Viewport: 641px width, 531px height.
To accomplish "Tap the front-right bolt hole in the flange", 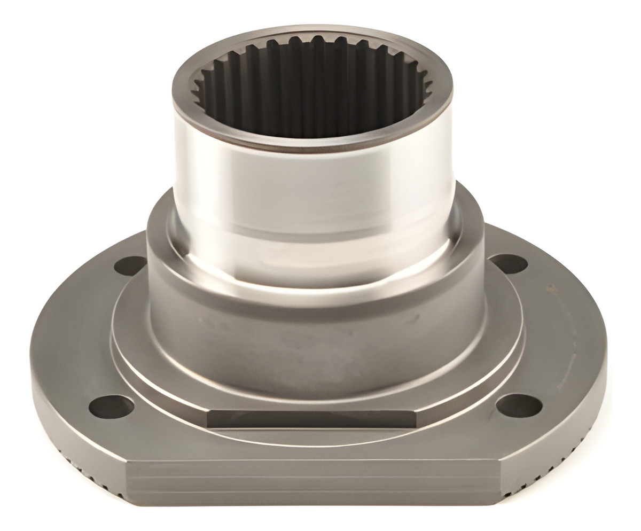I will click(519, 405).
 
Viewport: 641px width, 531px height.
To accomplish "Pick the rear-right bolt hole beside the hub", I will click(509, 263).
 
